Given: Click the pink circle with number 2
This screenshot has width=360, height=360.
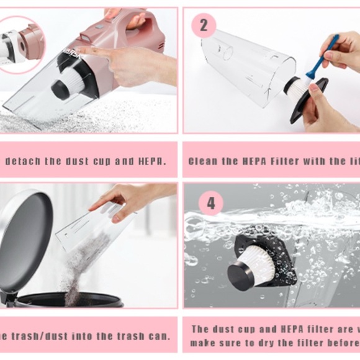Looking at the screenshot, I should click(x=204, y=25).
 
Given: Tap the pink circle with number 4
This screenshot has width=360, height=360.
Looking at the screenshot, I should click(x=211, y=203).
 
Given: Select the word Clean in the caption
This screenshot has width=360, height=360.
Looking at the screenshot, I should click(x=203, y=161).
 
